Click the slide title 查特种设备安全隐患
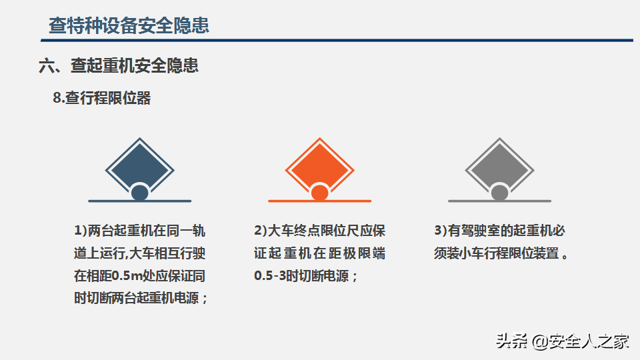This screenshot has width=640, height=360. point(129,25)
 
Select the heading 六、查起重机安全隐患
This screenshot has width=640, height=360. point(119,65)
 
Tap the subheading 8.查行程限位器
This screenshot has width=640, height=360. point(101,98)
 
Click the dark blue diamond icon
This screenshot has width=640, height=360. point(139,165)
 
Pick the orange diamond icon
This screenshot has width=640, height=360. point(319,165)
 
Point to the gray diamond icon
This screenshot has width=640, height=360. point(499,165)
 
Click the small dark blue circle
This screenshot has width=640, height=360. point(139,193)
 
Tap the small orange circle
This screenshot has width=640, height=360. point(319,193)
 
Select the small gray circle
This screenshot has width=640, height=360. point(499,193)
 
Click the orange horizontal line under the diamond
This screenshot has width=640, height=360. point(319,201)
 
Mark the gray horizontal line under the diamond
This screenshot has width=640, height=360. point(499,201)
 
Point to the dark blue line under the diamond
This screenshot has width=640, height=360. point(139,201)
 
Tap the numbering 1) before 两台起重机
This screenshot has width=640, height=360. point(81,231)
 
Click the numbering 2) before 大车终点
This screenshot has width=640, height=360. point(261,231)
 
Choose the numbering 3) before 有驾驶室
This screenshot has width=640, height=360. point(441,231)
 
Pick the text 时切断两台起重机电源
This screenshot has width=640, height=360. point(137,299)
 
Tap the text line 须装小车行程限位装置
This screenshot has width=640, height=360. point(496,253)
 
